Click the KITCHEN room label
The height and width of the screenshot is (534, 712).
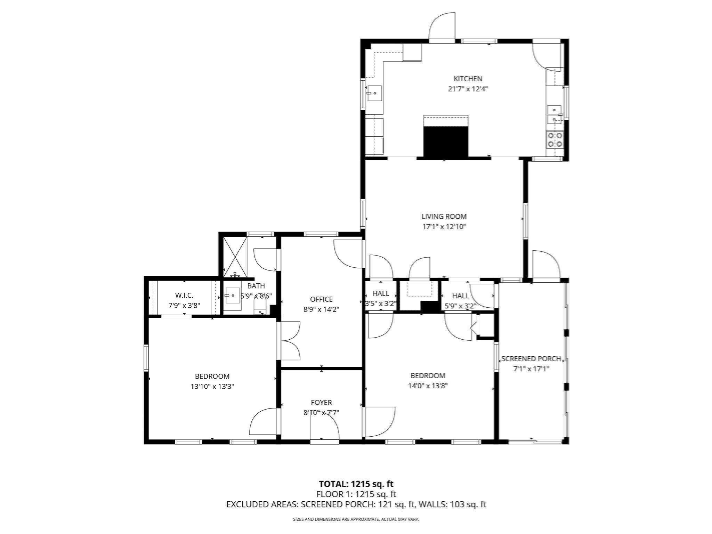pos(468,79)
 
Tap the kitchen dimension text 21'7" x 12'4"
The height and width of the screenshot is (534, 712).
pos(468,89)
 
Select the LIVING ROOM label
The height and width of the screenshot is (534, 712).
pos(444,217)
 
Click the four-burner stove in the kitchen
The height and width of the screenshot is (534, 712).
pos(555,140)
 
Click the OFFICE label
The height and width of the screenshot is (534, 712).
pos(321,299)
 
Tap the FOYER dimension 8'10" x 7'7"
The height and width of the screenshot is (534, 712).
pos(321,413)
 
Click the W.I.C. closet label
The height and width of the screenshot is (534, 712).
pos(184,296)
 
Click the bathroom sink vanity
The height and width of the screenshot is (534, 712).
pos(233,298)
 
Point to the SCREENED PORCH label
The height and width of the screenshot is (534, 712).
pos(531,359)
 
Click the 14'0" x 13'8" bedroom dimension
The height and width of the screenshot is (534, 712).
pos(428,386)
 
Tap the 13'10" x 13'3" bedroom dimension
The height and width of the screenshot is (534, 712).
pos(212,386)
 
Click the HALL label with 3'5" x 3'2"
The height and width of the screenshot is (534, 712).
pos(381,294)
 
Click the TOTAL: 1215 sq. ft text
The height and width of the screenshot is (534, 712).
pos(356,484)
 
